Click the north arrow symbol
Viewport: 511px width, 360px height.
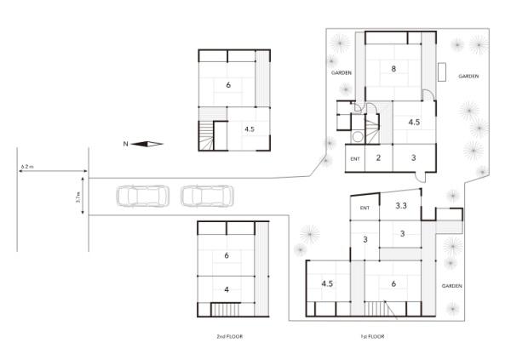coord(147,144)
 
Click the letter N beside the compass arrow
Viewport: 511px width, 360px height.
coord(125,144)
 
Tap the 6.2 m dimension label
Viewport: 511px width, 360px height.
coord(27,167)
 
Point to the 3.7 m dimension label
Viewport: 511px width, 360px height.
coord(78,197)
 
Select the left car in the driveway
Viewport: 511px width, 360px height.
coord(143,196)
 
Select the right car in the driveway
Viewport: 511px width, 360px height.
coord(207,196)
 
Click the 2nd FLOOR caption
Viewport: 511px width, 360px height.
coord(230,336)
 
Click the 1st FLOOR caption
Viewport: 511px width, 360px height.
coord(372,336)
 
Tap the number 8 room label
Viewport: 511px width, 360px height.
coord(393,69)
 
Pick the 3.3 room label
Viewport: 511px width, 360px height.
coord(401,206)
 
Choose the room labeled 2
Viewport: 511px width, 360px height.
coord(378,158)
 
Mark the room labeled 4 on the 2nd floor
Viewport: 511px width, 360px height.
coord(227,289)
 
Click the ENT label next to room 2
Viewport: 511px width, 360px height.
coord(355,159)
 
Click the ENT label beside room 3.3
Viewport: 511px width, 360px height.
coord(365,208)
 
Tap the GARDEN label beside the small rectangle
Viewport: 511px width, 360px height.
coord(468,77)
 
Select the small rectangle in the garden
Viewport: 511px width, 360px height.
coord(442,72)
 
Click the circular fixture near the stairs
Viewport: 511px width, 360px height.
coord(358,136)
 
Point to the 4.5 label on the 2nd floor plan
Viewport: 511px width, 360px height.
coord(250,129)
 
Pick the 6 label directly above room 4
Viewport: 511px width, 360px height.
coord(227,255)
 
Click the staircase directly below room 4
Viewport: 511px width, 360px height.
coord(226,309)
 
